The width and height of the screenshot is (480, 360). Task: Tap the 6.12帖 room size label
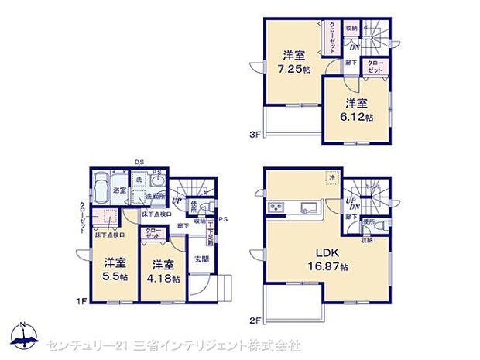(x=358, y=118)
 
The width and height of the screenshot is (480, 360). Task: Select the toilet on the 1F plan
(x=194, y=210)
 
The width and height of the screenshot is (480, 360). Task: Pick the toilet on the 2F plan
(x=370, y=226)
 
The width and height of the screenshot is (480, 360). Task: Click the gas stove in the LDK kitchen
(x=276, y=207)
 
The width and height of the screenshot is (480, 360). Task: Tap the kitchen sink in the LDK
(x=307, y=207)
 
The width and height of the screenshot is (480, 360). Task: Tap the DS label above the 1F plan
(x=140, y=161)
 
